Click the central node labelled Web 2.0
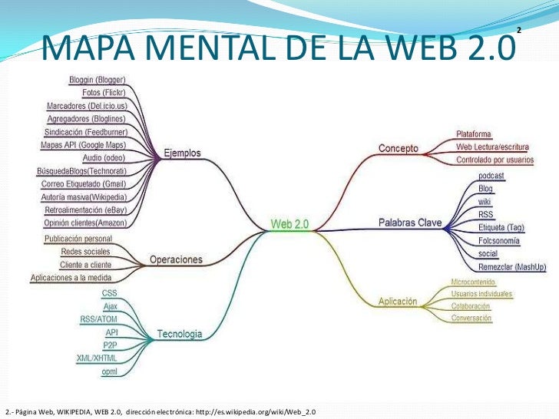[x=289, y=224]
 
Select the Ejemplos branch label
[x=182, y=153]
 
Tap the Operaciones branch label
[x=176, y=259]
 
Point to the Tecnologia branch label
[x=180, y=334]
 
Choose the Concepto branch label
[x=398, y=147]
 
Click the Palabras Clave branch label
[x=410, y=223]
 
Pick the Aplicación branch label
[x=398, y=302]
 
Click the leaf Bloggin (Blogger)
[x=98, y=81]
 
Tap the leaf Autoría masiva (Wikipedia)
[x=84, y=197]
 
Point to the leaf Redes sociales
[x=85, y=251]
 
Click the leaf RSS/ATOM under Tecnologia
[x=98, y=318]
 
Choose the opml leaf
[x=110, y=371]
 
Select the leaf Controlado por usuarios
[x=495, y=160]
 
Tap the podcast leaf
[x=491, y=176]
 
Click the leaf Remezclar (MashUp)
[x=512, y=266]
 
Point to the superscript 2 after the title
[x=519, y=30]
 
